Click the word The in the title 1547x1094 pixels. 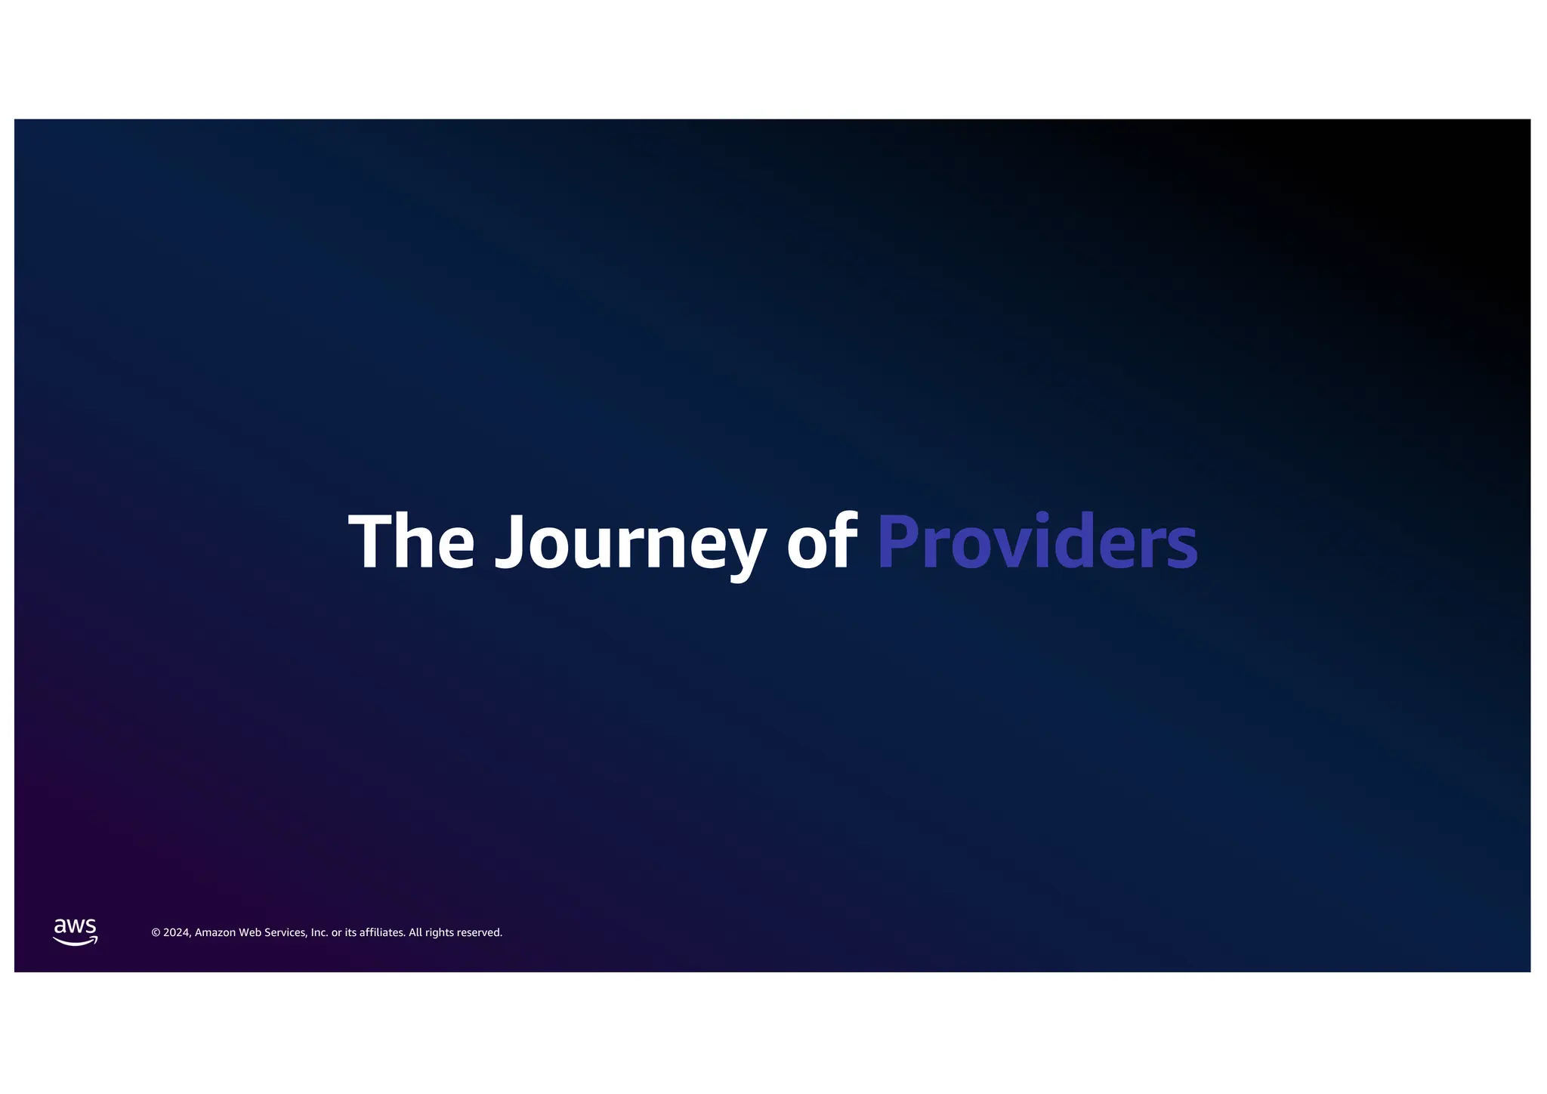point(412,541)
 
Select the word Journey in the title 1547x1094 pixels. point(630,541)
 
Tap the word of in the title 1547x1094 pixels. point(821,541)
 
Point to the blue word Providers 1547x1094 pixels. point(1036,541)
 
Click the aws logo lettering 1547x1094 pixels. point(75,926)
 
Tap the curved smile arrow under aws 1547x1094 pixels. point(75,941)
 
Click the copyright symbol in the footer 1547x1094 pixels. point(156,933)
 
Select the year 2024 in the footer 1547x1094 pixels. point(177,933)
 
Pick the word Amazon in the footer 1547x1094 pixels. point(215,933)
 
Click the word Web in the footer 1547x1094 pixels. point(250,933)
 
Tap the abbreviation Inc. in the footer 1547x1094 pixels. point(320,933)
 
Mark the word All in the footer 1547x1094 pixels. point(415,933)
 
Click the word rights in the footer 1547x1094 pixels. point(440,933)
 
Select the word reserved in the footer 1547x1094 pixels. point(480,933)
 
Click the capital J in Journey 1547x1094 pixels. point(510,541)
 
